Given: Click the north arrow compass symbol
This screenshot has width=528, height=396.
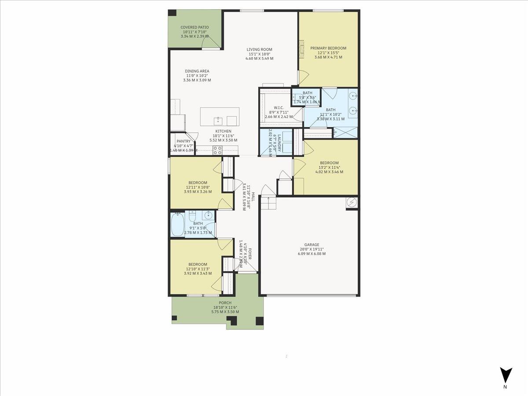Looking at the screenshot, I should (506, 375).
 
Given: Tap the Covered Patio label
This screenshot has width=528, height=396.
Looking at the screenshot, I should (194, 27).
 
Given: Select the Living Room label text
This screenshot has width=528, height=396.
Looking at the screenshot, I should (259, 50).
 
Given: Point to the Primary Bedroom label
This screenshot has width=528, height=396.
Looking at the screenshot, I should (328, 48).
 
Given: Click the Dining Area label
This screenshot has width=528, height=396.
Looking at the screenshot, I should (197, 71).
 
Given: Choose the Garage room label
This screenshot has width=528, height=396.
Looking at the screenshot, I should (312, 245).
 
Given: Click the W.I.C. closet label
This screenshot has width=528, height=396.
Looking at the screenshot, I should (279, 108).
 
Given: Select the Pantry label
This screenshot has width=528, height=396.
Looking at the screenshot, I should (183, 141).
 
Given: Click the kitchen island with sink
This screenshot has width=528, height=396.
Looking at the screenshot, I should (220, 117).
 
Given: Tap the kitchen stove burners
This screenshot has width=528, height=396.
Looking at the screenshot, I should (217, 150).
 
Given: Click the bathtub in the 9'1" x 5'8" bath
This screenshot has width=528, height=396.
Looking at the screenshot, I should (178, 225).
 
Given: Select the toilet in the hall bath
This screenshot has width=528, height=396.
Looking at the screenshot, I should (192, 216).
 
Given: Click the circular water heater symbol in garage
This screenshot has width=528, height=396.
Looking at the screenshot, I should (352, 202).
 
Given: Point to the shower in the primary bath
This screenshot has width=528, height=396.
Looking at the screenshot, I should (345, 132).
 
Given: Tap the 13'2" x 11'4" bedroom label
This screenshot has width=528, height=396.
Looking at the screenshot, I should (329, 163).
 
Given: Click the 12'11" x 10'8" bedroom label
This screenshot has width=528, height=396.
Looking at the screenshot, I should (198, 183).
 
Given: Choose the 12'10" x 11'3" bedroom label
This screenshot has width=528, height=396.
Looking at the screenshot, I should (198, 264).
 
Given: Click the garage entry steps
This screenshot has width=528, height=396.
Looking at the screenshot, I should (267, 203).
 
